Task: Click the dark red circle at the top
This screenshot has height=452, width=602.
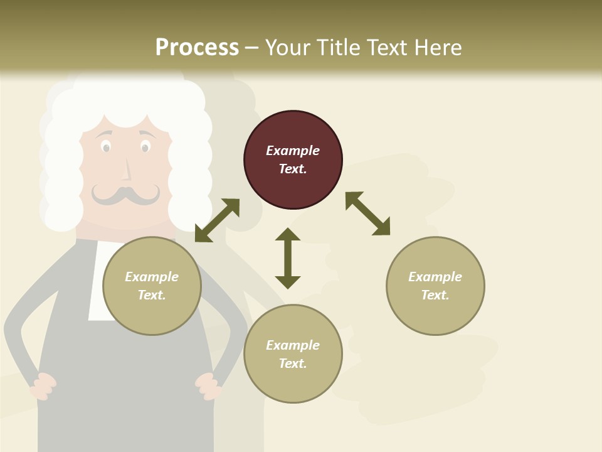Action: [x=293, y=159]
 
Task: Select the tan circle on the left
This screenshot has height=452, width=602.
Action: [x=152, y=286]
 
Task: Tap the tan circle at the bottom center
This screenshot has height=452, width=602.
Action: [x=293, y=354]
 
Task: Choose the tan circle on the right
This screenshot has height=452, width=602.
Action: [x=435, y=286]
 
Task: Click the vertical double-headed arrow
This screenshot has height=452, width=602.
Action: [x=288, y=258]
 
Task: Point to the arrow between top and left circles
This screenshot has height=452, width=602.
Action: [x=217, y=220]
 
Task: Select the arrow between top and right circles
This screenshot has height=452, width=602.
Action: [x=367, y=213]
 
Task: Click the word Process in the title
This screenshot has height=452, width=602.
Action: [x=197, y=47]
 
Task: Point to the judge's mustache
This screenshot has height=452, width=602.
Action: [x=125, y=194]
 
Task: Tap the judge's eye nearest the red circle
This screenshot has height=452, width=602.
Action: [x=145, y=148]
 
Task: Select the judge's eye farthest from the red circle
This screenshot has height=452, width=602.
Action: [x=106, y=148]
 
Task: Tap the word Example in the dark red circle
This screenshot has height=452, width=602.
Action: [x=293, y=151]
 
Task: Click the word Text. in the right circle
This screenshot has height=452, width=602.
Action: [x=435, y=295]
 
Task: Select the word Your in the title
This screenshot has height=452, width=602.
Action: [x=287, y=47]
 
